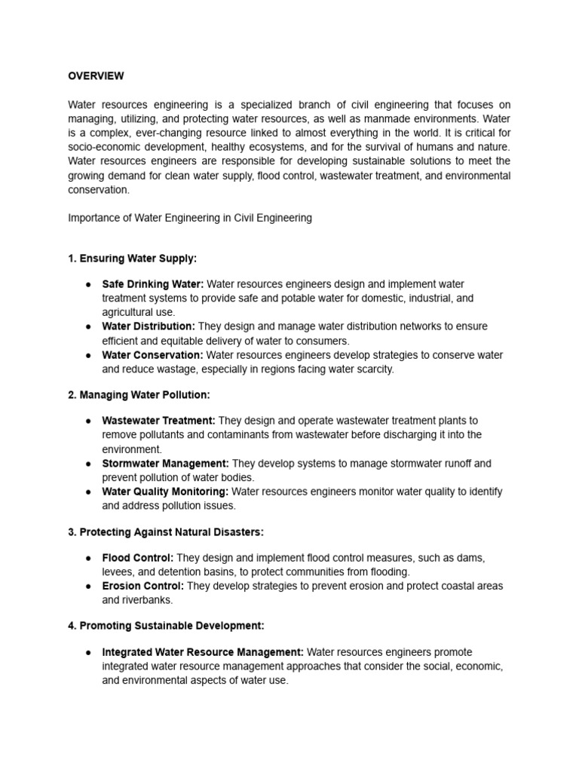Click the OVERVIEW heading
tap(96, 76)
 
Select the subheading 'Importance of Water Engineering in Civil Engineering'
tap(189, 218)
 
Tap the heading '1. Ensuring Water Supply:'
tap(132, 259)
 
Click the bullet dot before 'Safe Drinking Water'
tap(88, 284)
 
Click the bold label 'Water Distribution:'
tap(149, 326)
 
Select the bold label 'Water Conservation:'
tap(152, 355)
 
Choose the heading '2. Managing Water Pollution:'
tap(139, 395)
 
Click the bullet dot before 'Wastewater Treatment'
tap(88, 421)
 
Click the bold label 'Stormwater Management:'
tap(166, 464)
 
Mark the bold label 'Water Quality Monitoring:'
tap(165, 492)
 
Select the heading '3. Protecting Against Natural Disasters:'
tap(166, 532)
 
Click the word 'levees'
tap(117, 572)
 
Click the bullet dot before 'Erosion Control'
tap(88, 586)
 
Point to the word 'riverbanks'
tap(149, 600)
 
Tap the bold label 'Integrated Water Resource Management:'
tap(203, 652)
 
